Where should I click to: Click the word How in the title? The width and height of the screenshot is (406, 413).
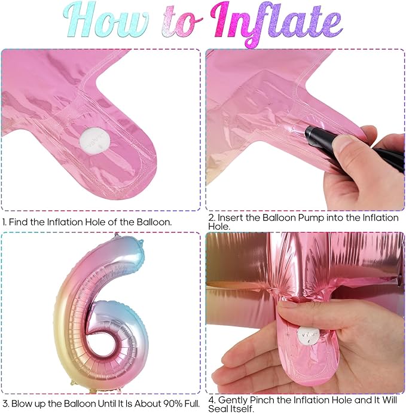click(105, 20)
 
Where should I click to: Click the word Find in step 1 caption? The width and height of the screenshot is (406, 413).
click(19, 222)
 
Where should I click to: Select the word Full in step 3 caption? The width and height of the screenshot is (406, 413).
click(193, 403)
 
